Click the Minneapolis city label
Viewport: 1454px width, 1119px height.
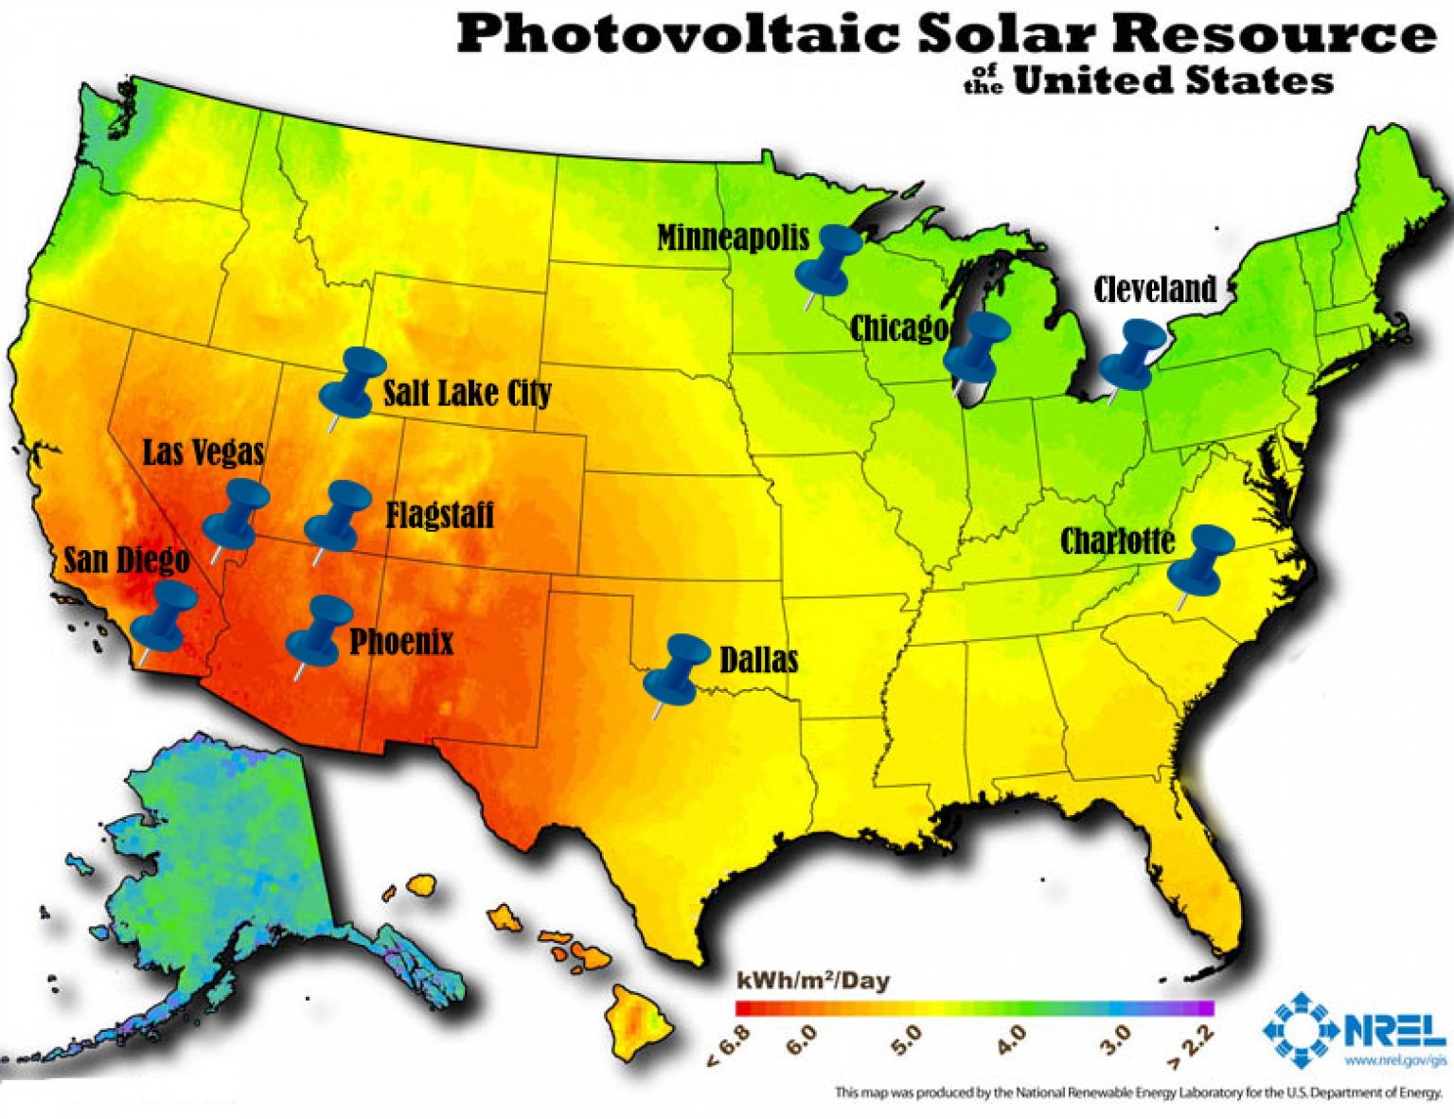tap(733, 237)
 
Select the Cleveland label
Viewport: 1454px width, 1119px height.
tap(1155, 289)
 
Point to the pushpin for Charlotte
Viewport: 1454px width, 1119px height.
tap(1200, 560)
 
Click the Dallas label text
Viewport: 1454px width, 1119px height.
tap(758, 660)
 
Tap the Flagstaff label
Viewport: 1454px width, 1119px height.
tap(439, 515)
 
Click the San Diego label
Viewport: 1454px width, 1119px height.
tap(126, 559)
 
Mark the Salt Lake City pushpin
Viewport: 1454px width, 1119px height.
tap(352, 383)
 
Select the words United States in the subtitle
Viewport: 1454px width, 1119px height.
tap(1173, 80)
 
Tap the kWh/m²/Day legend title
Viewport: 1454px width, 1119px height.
tap(812, 981)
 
